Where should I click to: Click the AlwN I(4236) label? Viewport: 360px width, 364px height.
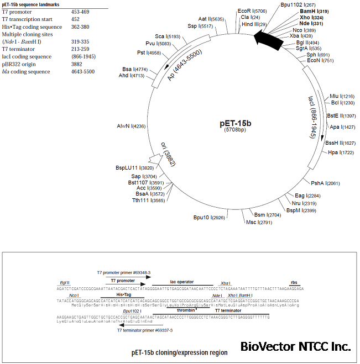131,126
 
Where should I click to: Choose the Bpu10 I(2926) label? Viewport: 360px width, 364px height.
209,217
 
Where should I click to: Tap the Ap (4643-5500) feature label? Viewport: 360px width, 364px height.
185,65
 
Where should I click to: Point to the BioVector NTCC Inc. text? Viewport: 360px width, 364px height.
296,346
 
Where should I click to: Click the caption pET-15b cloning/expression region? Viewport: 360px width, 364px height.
179,351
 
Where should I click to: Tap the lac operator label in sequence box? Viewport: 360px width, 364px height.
181,282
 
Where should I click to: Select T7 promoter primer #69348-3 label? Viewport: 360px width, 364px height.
124,273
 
